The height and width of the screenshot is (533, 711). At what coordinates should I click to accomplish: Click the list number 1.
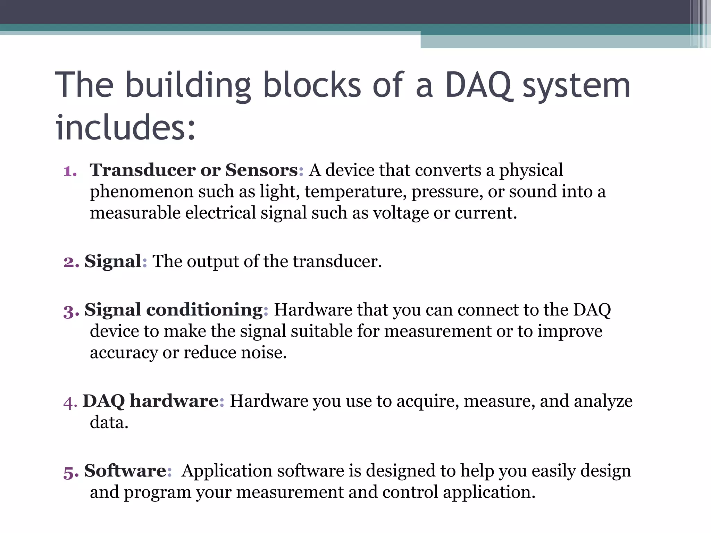click(x=70, y=171)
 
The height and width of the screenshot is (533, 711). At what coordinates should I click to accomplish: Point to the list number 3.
click(x=71, y=311)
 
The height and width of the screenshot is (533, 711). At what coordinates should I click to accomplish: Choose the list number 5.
click(x=71, y=472)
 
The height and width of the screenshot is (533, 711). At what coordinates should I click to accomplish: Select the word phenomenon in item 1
click(x=141, y=192)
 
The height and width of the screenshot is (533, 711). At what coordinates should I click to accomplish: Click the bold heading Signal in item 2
click(x=113, y=261)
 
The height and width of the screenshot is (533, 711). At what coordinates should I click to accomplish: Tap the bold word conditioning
click(x=204, y=310)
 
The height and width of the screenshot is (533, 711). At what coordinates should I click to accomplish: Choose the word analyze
click(x=603, y=401)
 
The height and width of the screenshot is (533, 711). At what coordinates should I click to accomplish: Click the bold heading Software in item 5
click(x=125, y=471)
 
